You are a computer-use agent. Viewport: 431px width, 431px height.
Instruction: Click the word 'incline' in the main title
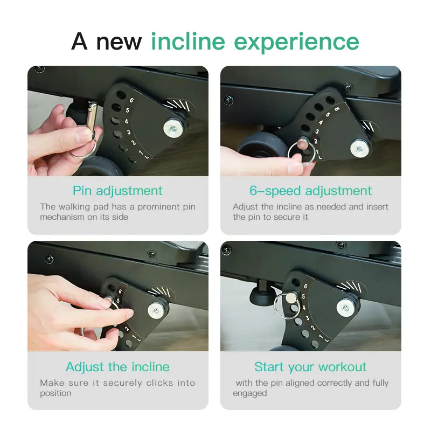click(x=188, y=41)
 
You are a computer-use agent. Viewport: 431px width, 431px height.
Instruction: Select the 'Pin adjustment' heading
click(x=117, y=191)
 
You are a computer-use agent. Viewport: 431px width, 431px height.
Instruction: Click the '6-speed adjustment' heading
click(x=311, y=191)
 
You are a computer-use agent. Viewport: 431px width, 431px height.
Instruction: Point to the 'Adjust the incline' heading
click(x=117, y=367)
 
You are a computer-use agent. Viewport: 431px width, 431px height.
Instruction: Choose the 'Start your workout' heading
click(x=311, y=367)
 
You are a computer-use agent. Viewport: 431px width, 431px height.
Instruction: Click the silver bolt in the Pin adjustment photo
click(x=173, y=128)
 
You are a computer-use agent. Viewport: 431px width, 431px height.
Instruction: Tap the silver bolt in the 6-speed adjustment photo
click(x=360, y=149)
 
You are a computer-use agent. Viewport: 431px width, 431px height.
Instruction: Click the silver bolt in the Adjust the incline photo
click(x=156, y=311)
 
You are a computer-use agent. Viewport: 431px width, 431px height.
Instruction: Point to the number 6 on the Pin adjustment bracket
click(x=131, y=100)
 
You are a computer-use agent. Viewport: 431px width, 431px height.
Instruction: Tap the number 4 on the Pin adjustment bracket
click(x=126, y=121)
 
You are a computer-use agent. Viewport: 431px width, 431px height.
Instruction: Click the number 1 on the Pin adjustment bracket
click(x=141, y=153)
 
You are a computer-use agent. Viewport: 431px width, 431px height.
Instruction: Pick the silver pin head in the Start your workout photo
click(x=290, y=297)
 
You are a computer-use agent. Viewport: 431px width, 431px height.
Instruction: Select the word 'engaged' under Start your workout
click(x=249, y=394)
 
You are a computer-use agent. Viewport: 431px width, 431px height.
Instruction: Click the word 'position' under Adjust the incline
click(x=55, y=394)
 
